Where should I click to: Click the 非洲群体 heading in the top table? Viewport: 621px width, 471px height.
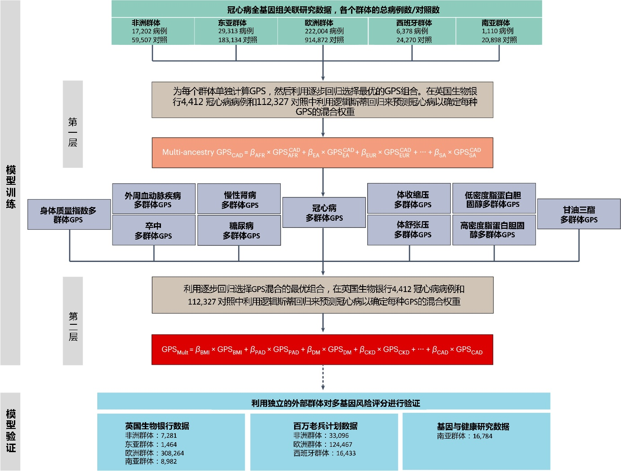point(146,23)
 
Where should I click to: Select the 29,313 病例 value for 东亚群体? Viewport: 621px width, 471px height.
point(236,31)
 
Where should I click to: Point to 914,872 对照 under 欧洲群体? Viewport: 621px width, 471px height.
point(324,40)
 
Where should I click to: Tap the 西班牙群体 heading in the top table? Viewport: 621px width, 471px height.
point(414,23)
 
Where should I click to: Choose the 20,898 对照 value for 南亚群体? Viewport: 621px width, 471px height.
point(499,40)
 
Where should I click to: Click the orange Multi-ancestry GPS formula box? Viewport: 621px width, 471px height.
point(322,153)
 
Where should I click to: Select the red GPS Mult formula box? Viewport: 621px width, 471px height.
point(322,350)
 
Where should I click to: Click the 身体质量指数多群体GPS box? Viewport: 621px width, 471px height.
point(69,215)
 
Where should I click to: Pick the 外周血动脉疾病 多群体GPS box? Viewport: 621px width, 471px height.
point(153,200)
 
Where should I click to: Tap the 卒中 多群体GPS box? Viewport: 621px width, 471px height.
point(153,231)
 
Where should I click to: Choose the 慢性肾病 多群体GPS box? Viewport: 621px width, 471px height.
point(239,200)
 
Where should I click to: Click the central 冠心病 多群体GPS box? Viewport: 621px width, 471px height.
point(324,213)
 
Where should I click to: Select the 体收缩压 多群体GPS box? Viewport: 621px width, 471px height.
point(408,199)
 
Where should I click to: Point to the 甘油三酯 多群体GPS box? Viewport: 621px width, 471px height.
point(578,214)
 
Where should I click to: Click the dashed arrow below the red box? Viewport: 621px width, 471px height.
point(323,377)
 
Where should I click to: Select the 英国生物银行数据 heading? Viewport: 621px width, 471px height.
point(157,426)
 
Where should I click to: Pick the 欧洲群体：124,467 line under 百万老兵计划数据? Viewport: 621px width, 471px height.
point(323,445)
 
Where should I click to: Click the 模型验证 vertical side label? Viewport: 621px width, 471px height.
point(11,431)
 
